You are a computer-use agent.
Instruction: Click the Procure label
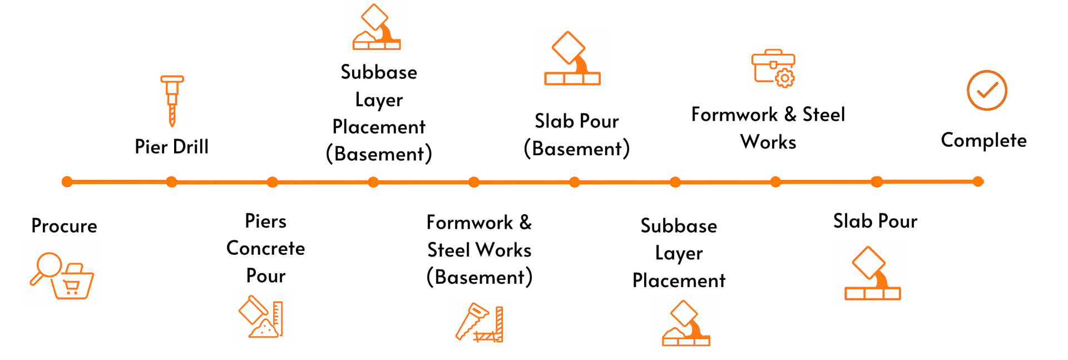click(64, 226)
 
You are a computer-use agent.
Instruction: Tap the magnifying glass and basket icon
click(62, 276)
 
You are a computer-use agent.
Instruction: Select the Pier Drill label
click(171, 147)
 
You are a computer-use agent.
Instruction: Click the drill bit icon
click(172, 101)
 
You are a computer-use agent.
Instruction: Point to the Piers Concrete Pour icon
click(261, 317)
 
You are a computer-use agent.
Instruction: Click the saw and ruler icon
click(479, 322)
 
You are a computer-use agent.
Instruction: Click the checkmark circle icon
click(987, 90)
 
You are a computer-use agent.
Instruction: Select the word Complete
click(983, 141)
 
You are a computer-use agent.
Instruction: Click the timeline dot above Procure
click(67, 181)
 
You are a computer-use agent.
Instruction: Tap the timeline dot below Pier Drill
click(171, 181)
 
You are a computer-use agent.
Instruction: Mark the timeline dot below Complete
click(978, 181)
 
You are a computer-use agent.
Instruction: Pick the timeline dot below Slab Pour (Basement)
click(575, 182)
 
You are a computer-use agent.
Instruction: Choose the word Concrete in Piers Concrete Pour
click(265, 248)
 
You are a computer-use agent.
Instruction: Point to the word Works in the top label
click(768, 142)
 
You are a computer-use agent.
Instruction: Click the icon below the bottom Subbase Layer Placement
click(686, 323)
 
